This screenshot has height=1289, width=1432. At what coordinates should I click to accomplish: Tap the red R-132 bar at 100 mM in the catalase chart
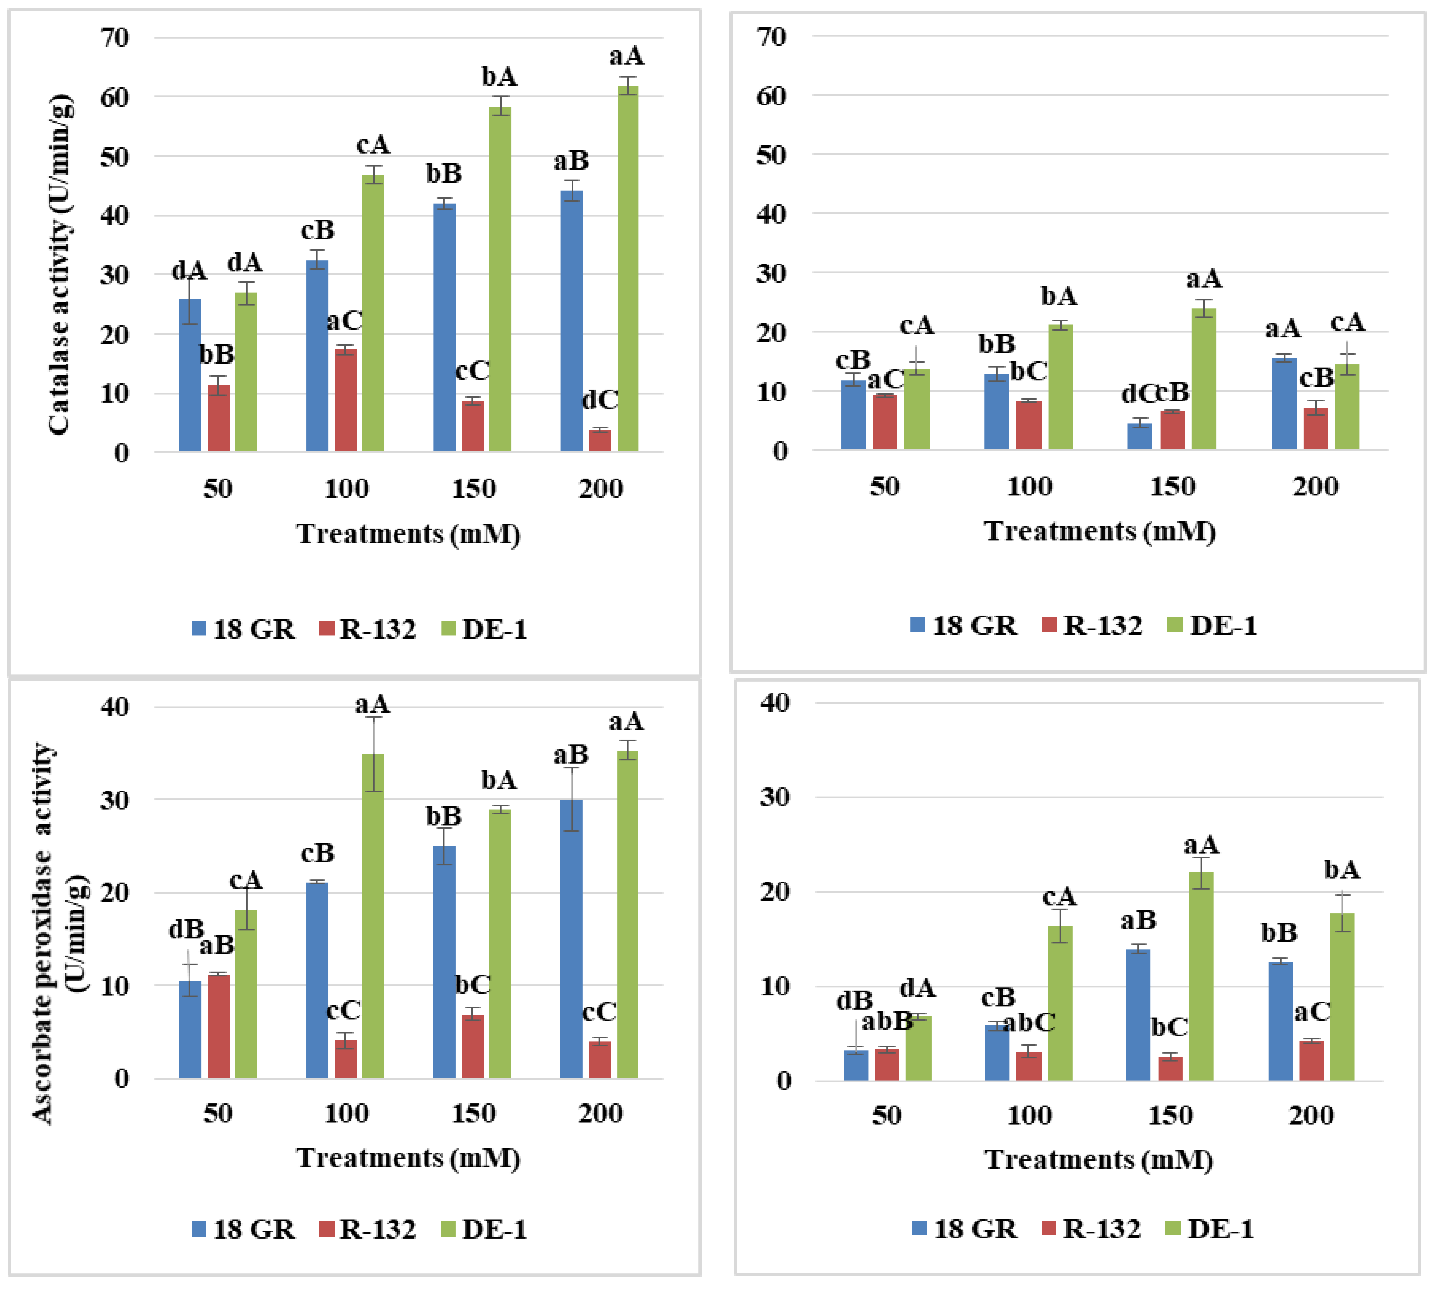click(346, 400)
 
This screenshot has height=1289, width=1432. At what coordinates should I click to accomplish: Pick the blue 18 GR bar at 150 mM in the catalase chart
click(444, 327)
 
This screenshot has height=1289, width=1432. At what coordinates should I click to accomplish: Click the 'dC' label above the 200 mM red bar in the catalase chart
click(600, 400)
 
